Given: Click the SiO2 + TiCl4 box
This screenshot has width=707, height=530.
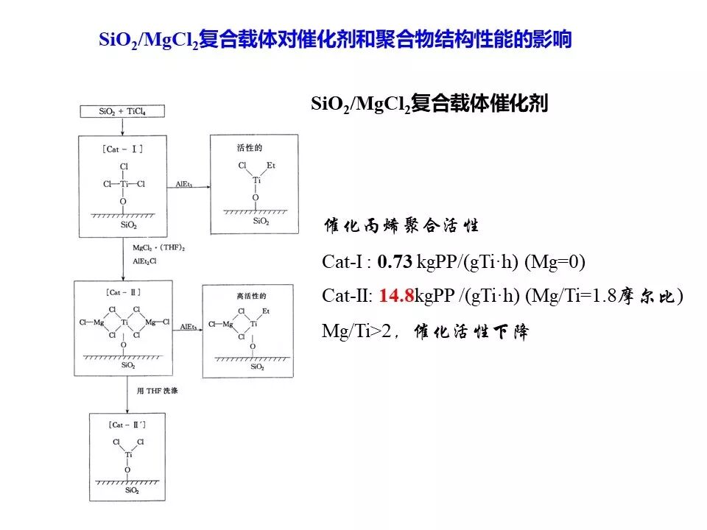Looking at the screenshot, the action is click(x=123, y=112).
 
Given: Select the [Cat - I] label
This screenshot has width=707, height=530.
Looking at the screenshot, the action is click(x=123, y=149).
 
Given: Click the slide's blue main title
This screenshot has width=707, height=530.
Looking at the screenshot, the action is click(x=335, y=39).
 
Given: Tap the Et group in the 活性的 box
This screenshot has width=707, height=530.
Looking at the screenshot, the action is click(x=271, y=166).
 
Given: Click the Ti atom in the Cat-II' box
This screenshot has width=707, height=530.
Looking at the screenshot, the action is click(x=127, y=455).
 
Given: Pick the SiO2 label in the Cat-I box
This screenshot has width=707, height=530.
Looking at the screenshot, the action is click(x=124, y=225).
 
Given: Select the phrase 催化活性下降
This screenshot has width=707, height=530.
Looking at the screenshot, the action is click(x=471, y=332).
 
